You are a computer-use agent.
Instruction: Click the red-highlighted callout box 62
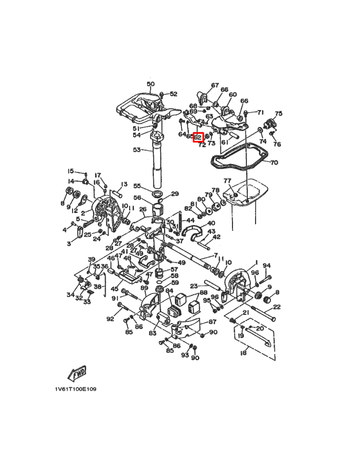[199, 138]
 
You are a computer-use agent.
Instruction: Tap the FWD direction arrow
[77, 372]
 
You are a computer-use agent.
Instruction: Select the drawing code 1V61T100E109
[75, 389]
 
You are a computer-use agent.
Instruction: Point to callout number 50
[150, 84]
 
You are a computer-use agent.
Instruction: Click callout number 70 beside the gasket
[274, 163]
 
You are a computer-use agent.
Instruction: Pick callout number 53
[136, 150]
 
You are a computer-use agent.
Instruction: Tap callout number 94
[267, 265]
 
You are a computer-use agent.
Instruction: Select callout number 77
[227, 181]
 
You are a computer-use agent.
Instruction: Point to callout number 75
[279, 114]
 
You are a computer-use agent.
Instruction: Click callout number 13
[123, 184]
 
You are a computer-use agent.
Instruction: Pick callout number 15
[70, 171]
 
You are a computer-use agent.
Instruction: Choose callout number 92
[110, 319]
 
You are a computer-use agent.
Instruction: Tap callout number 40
[211, 224]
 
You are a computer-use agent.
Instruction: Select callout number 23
[194, 286]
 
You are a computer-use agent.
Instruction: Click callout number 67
[214, 85]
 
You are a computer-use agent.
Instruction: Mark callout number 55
[137, 186]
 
